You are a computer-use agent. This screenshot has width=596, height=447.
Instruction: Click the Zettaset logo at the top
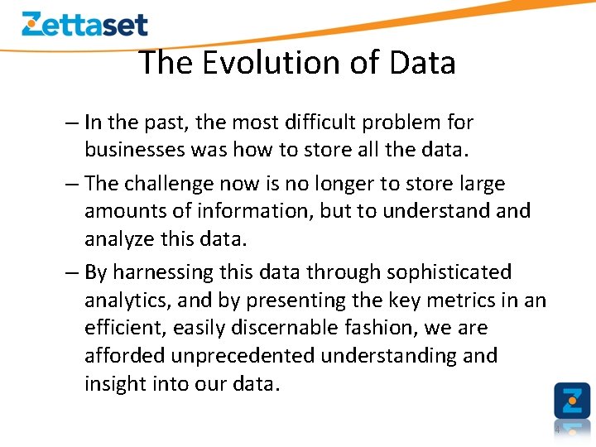click(x=84, y=24)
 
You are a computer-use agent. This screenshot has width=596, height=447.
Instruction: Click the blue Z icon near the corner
click(x=572, y=400)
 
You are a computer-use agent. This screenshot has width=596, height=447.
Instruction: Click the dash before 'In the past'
click(x=71, y=123)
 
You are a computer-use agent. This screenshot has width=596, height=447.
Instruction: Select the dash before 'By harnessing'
click(x=71, y=272)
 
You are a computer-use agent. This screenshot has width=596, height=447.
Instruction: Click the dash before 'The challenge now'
click(x=71, y=183)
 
